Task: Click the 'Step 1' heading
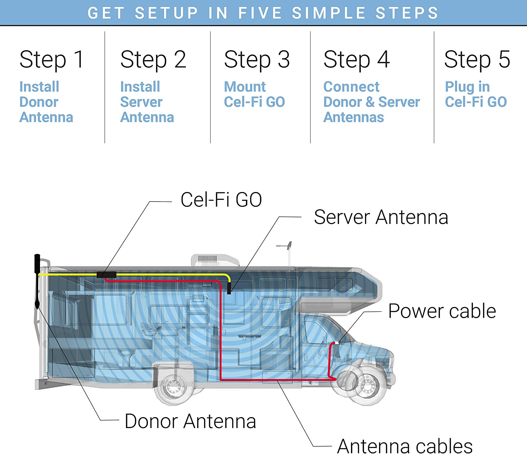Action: coord(52,59)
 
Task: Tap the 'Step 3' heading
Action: coord(257,59)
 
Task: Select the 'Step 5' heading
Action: coord(477,59)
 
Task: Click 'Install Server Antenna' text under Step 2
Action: coord(147,102)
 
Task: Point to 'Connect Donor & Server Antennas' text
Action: coord(371,102)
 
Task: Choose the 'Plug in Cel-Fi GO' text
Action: coord(476,94)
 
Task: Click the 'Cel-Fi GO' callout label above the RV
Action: coord(221,200)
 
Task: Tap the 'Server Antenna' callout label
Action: coord(381,217)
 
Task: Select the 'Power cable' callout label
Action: coord(442,311)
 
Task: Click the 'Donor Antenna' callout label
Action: coord(190,421)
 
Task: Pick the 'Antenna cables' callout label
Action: coord(405,446)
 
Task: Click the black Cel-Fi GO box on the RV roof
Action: coord(106,275)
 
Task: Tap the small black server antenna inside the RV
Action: coord(229,289)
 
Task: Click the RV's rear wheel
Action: coord(173,386)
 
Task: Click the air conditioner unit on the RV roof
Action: coord(215,260)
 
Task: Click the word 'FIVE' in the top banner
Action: coord(260,13)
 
